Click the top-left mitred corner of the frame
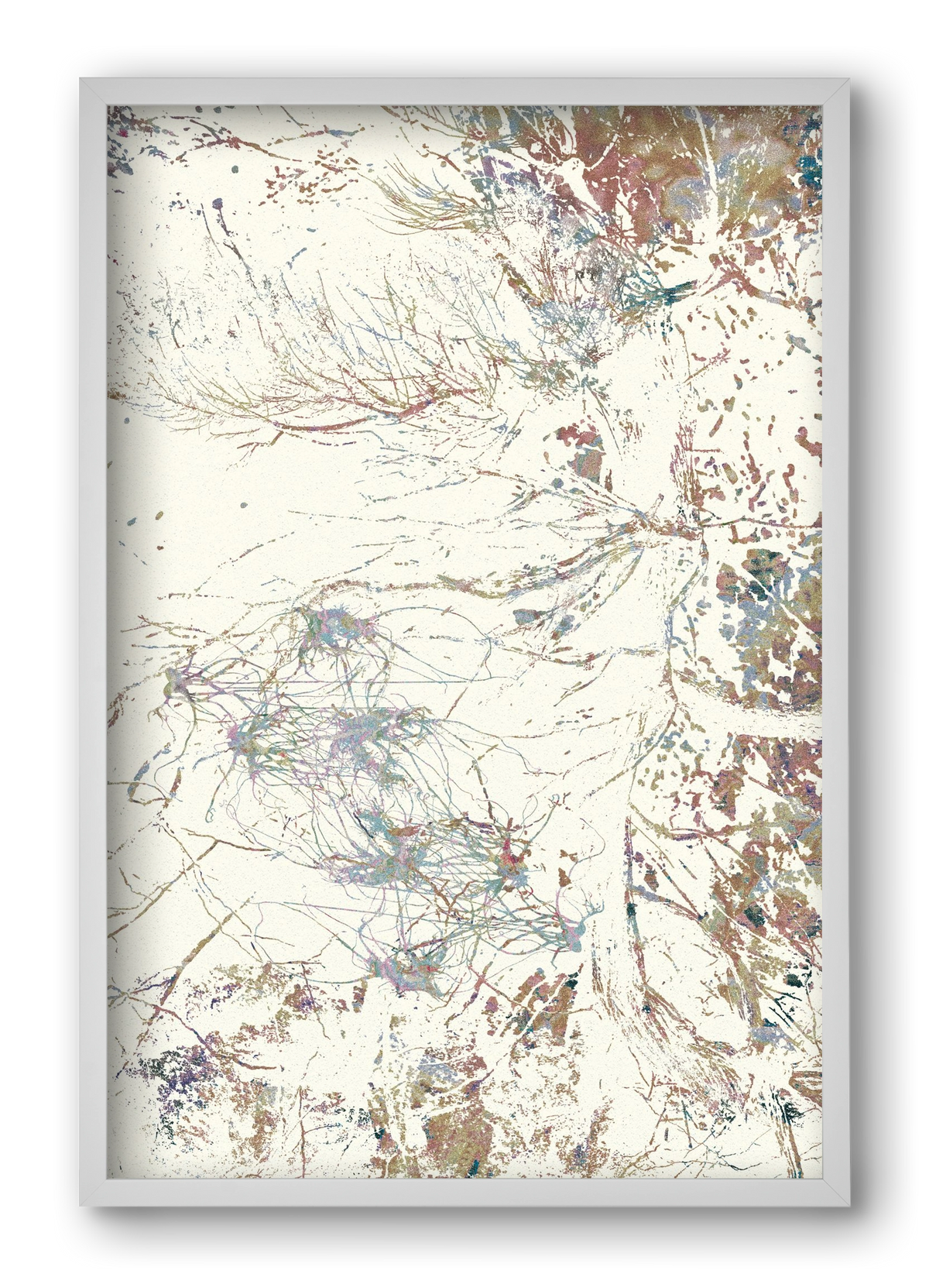pyautogui.click(x=93, y=91)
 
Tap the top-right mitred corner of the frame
pyautogui.click(x=835, y=91)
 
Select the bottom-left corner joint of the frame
pyautogui.click(x=93, y=1193)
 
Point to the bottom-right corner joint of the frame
pyautogui.click(x=835, y=1193)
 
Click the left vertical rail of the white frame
pyautogui.click(x=93, y=643)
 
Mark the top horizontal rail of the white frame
pyautogui.click(x=464, y=91)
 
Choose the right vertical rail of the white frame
pyautogui.click(x=835, y=643)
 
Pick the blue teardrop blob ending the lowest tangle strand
pyautogui.click(x=573, y=941)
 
